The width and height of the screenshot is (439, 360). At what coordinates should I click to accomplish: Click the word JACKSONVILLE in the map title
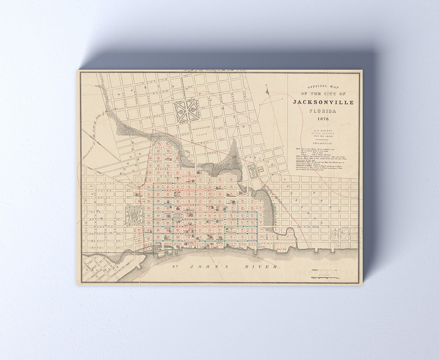pyautogui.click(x=323, y=102)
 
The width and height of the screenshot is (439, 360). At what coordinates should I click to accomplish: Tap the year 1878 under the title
pyautogui.click(x=323, y=119)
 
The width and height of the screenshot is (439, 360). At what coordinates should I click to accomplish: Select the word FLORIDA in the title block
pyautogui.click(x=323, y=111)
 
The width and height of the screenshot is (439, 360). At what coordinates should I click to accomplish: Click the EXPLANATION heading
pyautogui.click(x=323, y=143)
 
